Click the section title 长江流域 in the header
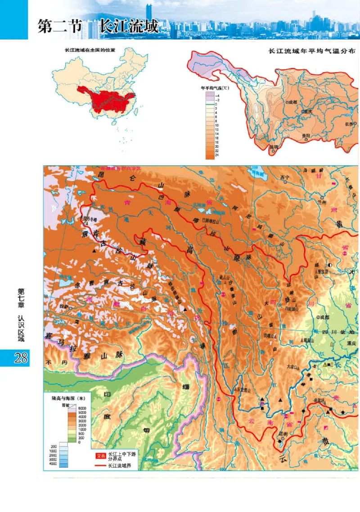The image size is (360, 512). pos(129,27)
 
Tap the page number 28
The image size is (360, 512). pos(20,358)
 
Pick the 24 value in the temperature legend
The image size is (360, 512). pos(217,155)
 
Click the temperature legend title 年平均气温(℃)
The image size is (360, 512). pos(215,89)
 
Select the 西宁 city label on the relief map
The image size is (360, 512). pos(283,177)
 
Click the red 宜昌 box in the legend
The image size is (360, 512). pos(99,455)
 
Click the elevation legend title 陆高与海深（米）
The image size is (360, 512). pos(66,397)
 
